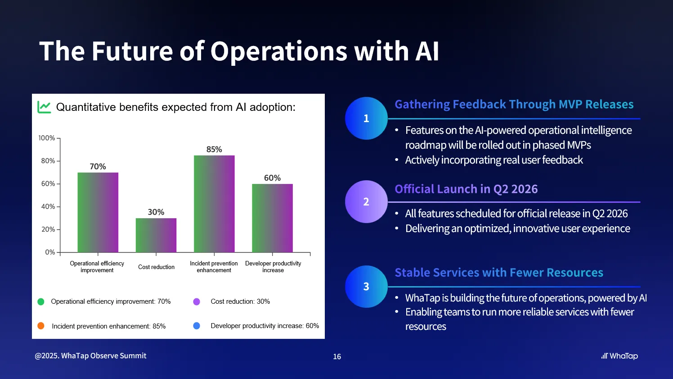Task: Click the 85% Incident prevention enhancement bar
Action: coord(214,204)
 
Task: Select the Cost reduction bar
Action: coord(156,235)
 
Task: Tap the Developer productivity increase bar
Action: coord(272,218)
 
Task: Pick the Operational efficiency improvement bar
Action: coord(98,212)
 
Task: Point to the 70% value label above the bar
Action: coord(98,166)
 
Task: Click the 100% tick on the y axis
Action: coord(47,138)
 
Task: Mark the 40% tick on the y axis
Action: coord(48,206)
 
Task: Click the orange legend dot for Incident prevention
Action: coord(41,326)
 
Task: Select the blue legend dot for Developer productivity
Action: coord(197,325)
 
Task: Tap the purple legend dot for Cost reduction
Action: coord(197,301)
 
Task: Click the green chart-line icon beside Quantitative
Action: coord(44,107)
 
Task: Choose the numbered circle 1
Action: coord(366,119)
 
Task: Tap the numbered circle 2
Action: coord(366,201)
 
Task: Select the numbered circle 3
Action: coord(366,287)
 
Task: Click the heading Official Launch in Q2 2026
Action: coord(466,189)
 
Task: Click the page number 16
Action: coord(337,356)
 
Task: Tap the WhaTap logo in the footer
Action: coord(619,356)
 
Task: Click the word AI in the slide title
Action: coord(427,51)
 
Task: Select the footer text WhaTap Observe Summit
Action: coord(103,356)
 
